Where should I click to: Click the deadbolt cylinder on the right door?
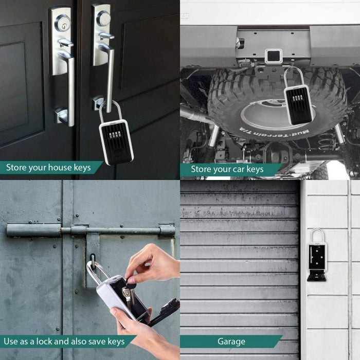point(103,18)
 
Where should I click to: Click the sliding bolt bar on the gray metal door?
point(90,231)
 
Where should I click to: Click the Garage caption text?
point(231,341)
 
